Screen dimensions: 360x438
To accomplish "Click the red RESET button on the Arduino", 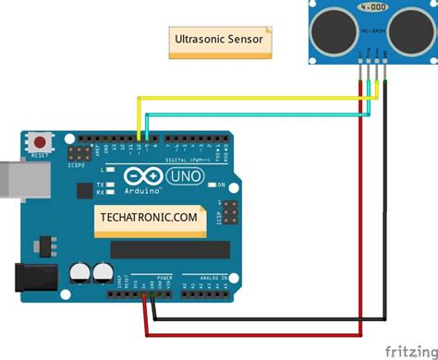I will [x=41, y=143].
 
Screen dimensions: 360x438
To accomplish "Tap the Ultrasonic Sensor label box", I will [x=220, y=42].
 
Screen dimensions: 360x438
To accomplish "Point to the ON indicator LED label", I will [x=221, y=185].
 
